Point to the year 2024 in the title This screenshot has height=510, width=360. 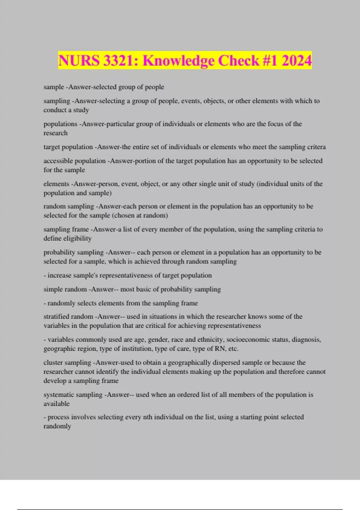296,61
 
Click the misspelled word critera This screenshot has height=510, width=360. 316,147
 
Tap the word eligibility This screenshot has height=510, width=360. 76,238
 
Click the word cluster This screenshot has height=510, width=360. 52,362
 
